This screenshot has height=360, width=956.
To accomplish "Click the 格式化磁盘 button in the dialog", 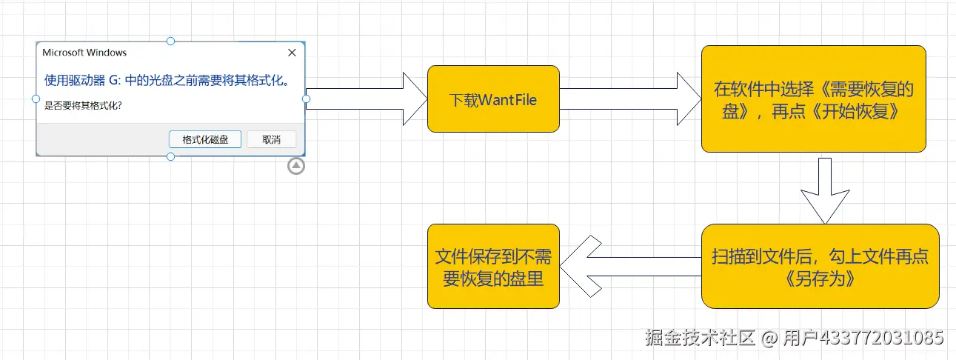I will (205, 139).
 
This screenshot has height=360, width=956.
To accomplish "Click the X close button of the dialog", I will (292, 53).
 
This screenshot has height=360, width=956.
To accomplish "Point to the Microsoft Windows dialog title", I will (84, 53).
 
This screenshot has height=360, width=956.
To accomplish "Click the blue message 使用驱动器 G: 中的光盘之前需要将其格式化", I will (166, 80).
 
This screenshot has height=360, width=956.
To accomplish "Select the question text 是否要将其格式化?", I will (83, 105).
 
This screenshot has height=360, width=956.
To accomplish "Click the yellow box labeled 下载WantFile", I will (493, 99).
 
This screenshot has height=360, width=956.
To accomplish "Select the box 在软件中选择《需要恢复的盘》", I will (813, 99).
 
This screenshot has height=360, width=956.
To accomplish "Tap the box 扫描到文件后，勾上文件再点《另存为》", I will (820, 267).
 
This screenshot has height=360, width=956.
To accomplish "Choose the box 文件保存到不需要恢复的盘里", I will (493, 267).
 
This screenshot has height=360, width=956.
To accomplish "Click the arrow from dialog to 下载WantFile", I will (367, 99).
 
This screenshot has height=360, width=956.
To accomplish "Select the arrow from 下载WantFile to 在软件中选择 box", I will (629, 99).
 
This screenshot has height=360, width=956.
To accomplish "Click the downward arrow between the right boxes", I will (824, 190).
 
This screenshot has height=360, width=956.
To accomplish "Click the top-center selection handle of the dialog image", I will (171, 41).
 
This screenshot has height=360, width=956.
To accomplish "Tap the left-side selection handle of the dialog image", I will (36, 99).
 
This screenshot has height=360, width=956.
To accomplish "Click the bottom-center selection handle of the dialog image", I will (171, 156).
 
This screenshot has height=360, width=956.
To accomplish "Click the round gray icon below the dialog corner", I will (296, 166).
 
